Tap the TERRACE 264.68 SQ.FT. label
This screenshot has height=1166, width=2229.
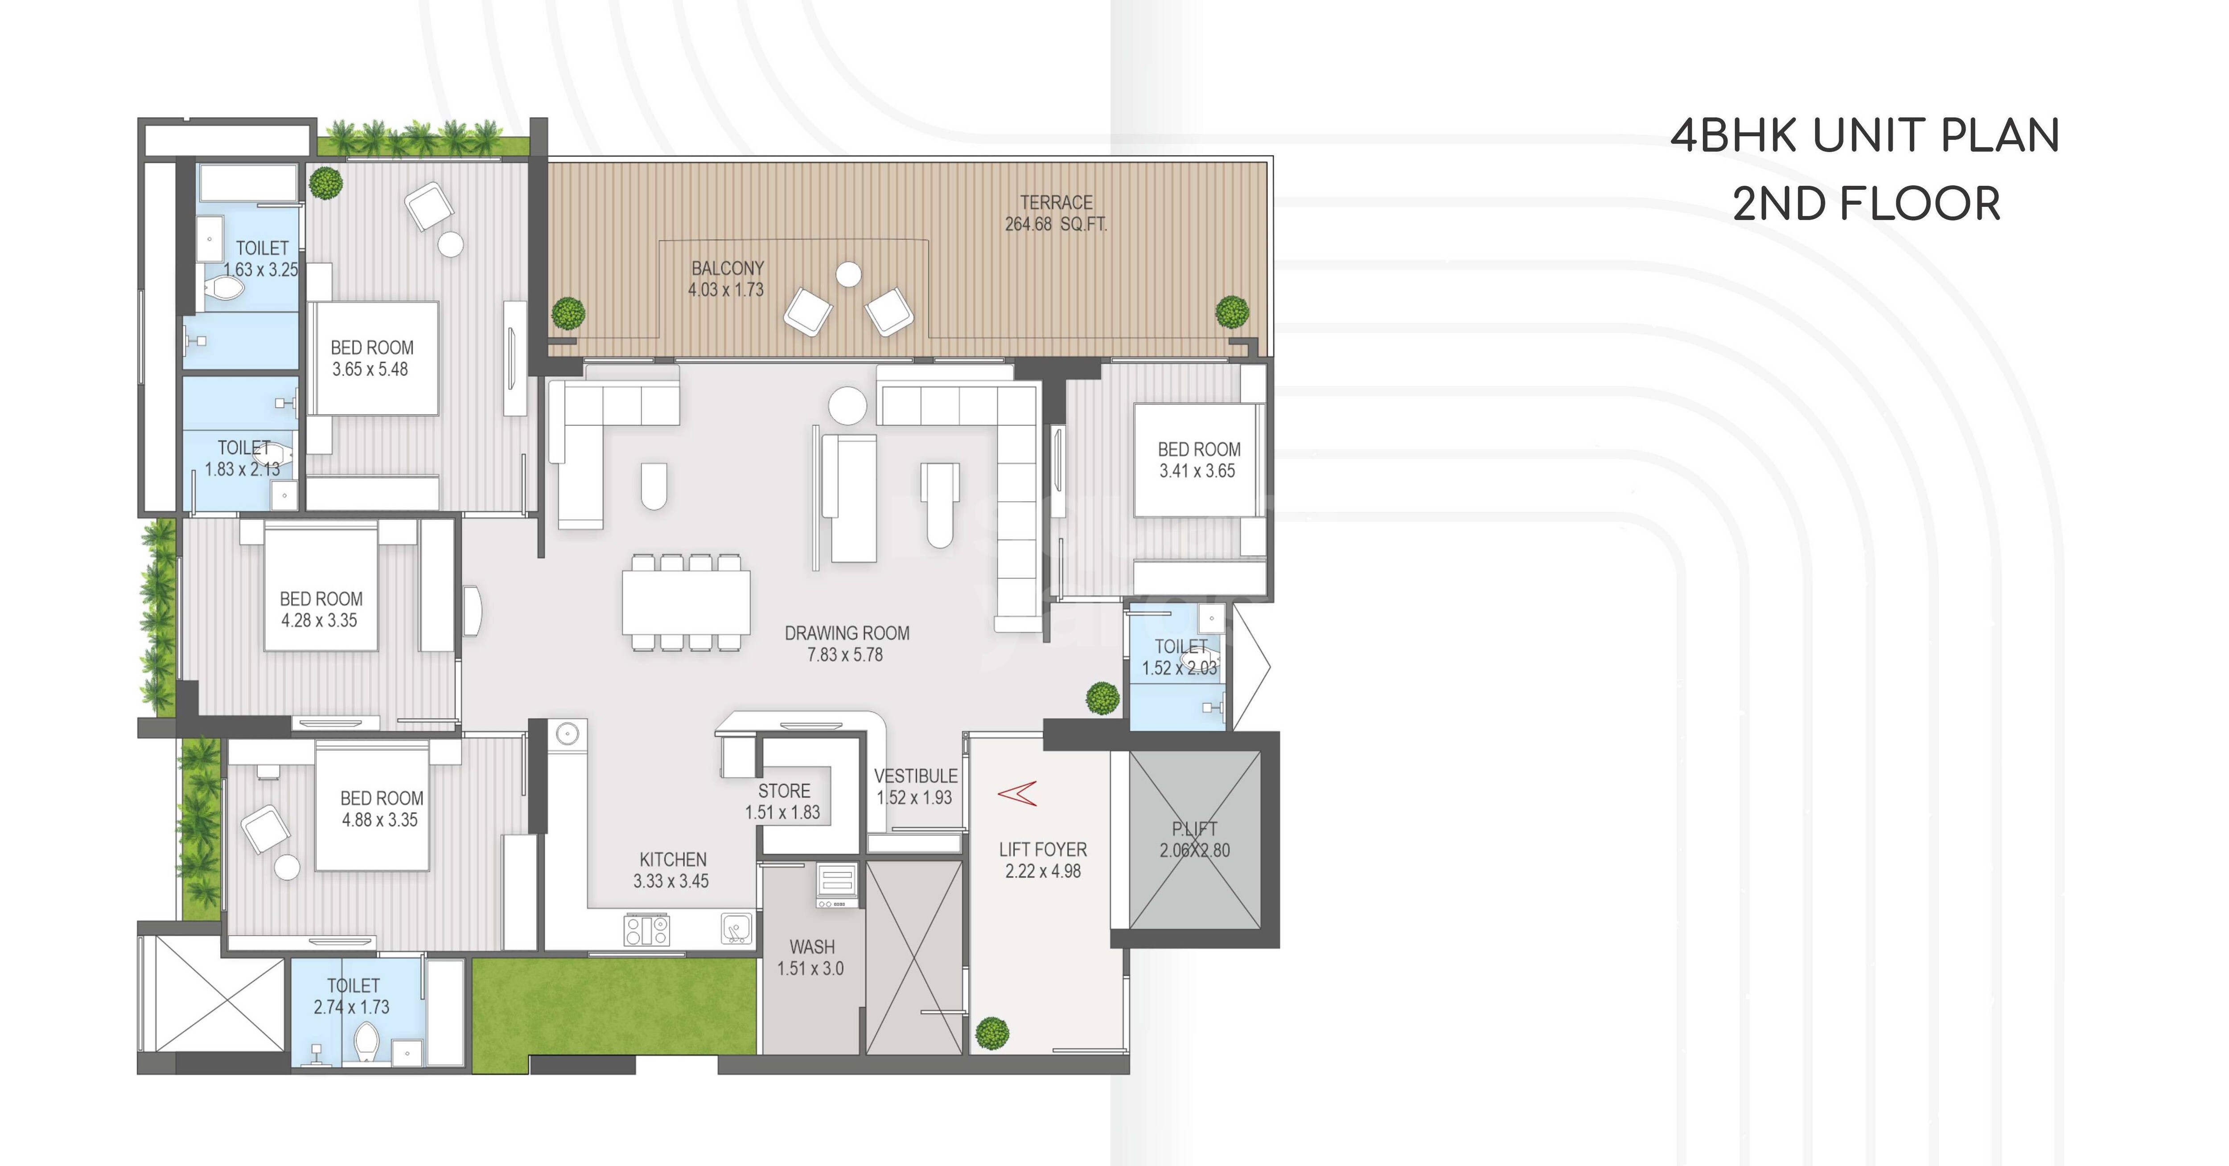(x=1056, y=213)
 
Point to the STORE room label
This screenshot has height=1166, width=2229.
(x=784, y=790)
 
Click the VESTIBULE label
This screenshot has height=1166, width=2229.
(x=916, y=776)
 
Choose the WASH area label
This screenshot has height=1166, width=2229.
(x=812, y=947)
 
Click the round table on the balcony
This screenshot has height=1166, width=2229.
(x=849, y=274)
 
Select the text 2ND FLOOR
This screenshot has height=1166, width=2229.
(x=1867, y=204)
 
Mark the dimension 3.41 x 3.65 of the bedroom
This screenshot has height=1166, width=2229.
(x=1197, y=471)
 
